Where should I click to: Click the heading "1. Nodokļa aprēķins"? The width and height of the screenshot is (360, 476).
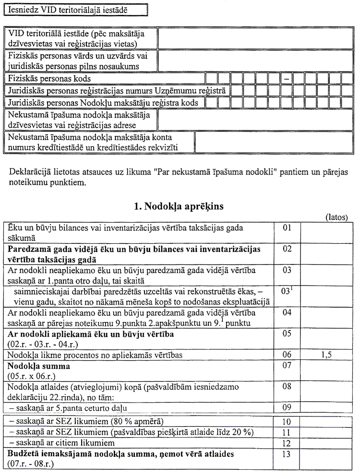coord(180,207)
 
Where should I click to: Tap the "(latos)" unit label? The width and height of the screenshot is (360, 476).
coord(337,217)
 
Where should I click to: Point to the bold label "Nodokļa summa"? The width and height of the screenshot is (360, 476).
coord(39,366)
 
